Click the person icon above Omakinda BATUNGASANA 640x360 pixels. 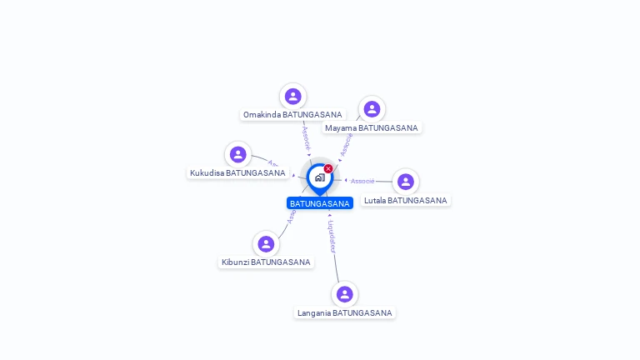click(x=292, y=96)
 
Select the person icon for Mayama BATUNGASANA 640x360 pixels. click(x=372, y=109)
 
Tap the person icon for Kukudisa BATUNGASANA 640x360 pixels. click(x=238, y=154)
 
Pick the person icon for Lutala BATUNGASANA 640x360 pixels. click(x=406, y=182)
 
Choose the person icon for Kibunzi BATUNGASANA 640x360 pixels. click(x=266, y=244)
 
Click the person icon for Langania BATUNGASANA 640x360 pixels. click(x=344, y=294)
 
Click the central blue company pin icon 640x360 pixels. click(x=319, y=177)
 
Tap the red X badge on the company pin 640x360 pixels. click(x=328, y=168)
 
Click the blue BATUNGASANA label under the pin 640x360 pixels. click(x=320, y=203)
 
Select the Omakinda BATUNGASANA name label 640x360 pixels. click(x=292, y=114)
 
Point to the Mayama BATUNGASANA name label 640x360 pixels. click(x=372, y=127)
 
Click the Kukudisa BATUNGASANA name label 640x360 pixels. click(x=237, y=172)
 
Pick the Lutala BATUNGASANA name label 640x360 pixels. click(x=406, y=200)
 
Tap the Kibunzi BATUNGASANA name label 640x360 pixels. click(x=266, y=262)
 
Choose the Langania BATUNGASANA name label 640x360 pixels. click(x=344, y=312)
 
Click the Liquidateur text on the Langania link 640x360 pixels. click(x=332, y=236)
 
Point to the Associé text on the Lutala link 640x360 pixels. click(x=362, y=181)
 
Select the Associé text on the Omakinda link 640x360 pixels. click(x=306, y=136)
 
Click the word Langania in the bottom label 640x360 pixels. click(x=313, y=312)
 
